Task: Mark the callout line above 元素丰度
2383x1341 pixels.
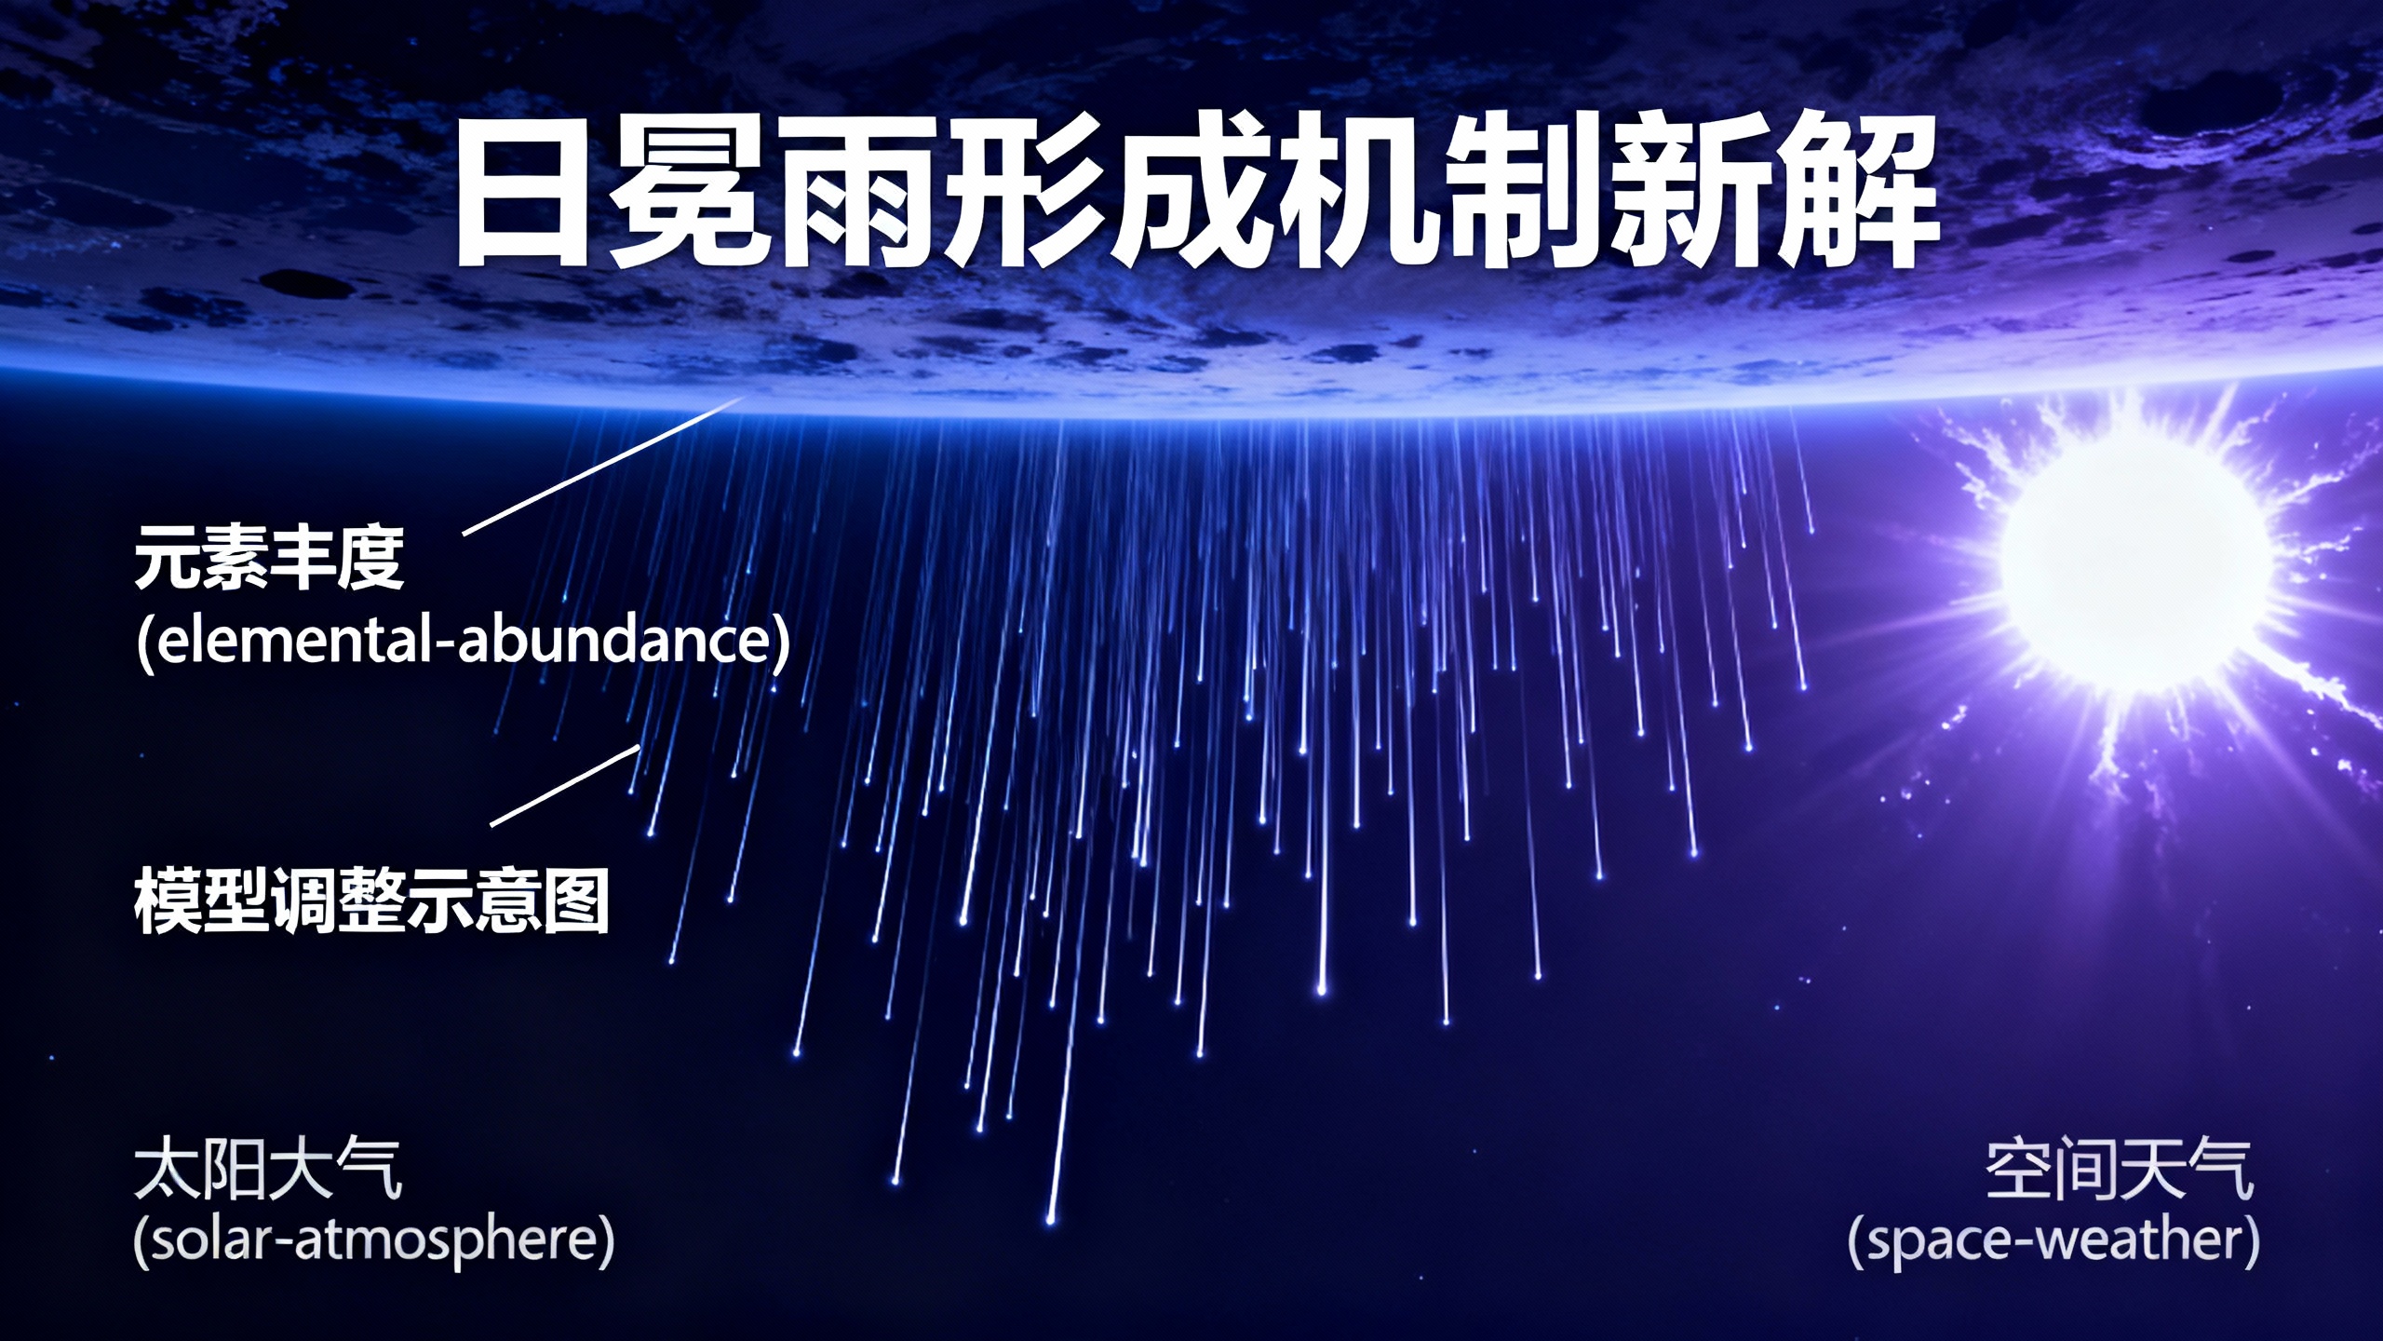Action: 603,466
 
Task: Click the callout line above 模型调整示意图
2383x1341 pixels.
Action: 565,785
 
